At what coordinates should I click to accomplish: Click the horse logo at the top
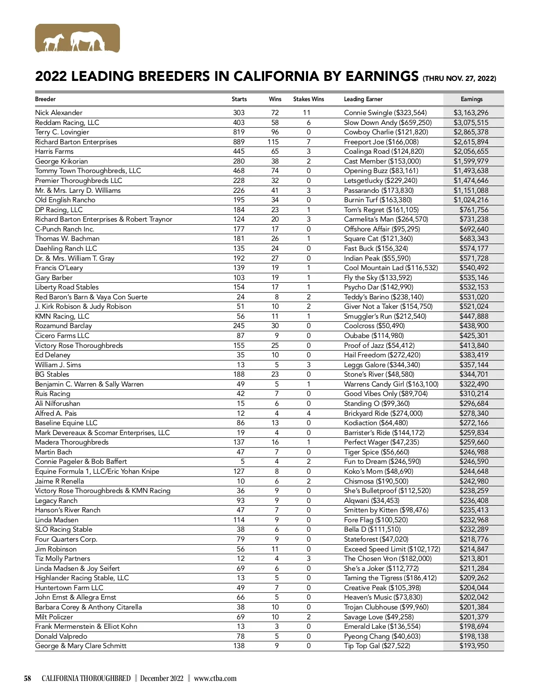77,39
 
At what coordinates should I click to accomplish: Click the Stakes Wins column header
308,99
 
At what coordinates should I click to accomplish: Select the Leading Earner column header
363,99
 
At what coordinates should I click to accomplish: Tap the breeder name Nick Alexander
59,113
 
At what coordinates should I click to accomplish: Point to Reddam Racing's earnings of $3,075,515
471,123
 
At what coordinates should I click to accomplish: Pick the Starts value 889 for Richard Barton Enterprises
239,142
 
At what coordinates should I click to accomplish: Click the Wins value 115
273,142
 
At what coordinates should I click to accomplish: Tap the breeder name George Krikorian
62,161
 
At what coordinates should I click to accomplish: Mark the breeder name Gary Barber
53,278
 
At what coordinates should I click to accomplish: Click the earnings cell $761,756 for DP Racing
473,210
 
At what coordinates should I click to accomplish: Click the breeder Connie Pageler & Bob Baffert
81,462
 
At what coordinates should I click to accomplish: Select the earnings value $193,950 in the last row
473,646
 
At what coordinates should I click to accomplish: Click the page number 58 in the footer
27,678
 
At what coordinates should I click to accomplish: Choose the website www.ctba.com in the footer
215,678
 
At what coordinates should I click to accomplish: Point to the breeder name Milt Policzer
54,617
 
